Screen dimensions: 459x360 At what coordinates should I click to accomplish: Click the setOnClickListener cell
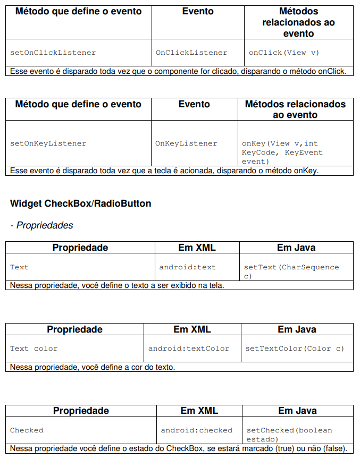tap(53, 53)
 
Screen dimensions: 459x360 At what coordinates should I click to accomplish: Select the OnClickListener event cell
tap(191, 53)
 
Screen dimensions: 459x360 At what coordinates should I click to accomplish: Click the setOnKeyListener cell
tap(48, 143)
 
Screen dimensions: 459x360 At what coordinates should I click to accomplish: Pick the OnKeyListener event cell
tap(186, 143)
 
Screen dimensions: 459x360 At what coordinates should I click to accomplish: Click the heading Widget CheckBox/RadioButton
tap(80, 203)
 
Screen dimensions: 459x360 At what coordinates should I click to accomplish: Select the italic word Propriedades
tap(45, 225)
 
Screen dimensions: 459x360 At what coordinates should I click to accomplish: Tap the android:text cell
tap(188, 267)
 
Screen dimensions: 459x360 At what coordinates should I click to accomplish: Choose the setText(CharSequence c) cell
tap(291, 271)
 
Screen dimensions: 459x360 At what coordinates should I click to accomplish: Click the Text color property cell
tap(34, 348)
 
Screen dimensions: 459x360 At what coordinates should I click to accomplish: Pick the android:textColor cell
tap(189, 348)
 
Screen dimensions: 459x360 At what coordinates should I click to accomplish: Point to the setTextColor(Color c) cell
tap(295, 348)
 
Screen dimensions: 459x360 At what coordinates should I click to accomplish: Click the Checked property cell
tap(27, 430)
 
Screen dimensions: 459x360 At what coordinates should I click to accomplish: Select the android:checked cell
tap(197, 430)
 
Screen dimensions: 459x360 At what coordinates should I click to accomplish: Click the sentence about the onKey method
tap(164, 171)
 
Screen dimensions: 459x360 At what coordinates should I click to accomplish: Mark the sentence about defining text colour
tap(93, 367)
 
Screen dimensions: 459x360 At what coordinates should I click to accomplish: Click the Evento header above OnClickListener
tap(198, 11)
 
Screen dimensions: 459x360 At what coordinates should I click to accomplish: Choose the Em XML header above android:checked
tap(199, 411)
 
